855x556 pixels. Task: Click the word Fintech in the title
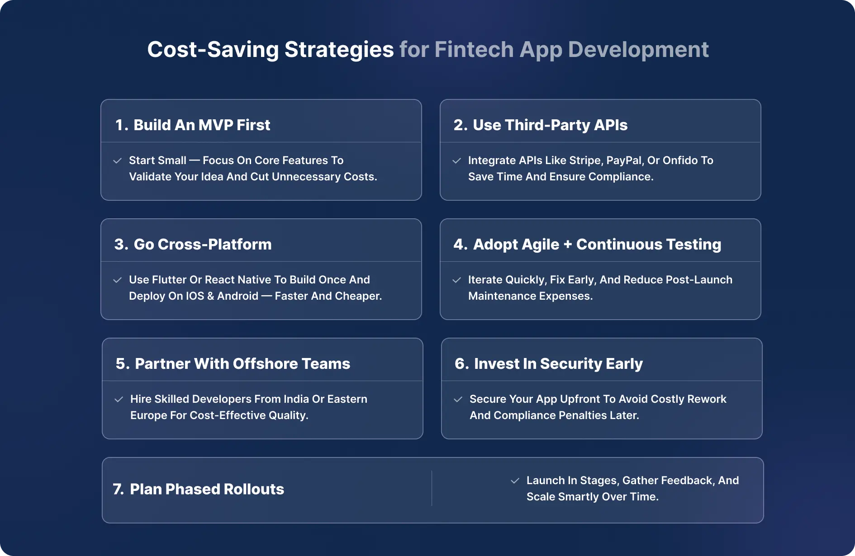pos(474,49)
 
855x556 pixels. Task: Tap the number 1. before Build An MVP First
pos(122,125)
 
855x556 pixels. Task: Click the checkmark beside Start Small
pos(118,161)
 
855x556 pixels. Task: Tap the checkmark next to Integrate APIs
pos(457,161)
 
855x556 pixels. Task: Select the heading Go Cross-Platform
pos(202,245)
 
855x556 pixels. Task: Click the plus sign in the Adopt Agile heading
pos(568,245)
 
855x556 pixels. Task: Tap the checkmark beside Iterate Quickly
pos(457,280)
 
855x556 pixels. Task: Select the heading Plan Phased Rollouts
pos(207,490)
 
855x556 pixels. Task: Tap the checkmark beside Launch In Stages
pos(515,481)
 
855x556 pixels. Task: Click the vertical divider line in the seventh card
pos(432,489)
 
